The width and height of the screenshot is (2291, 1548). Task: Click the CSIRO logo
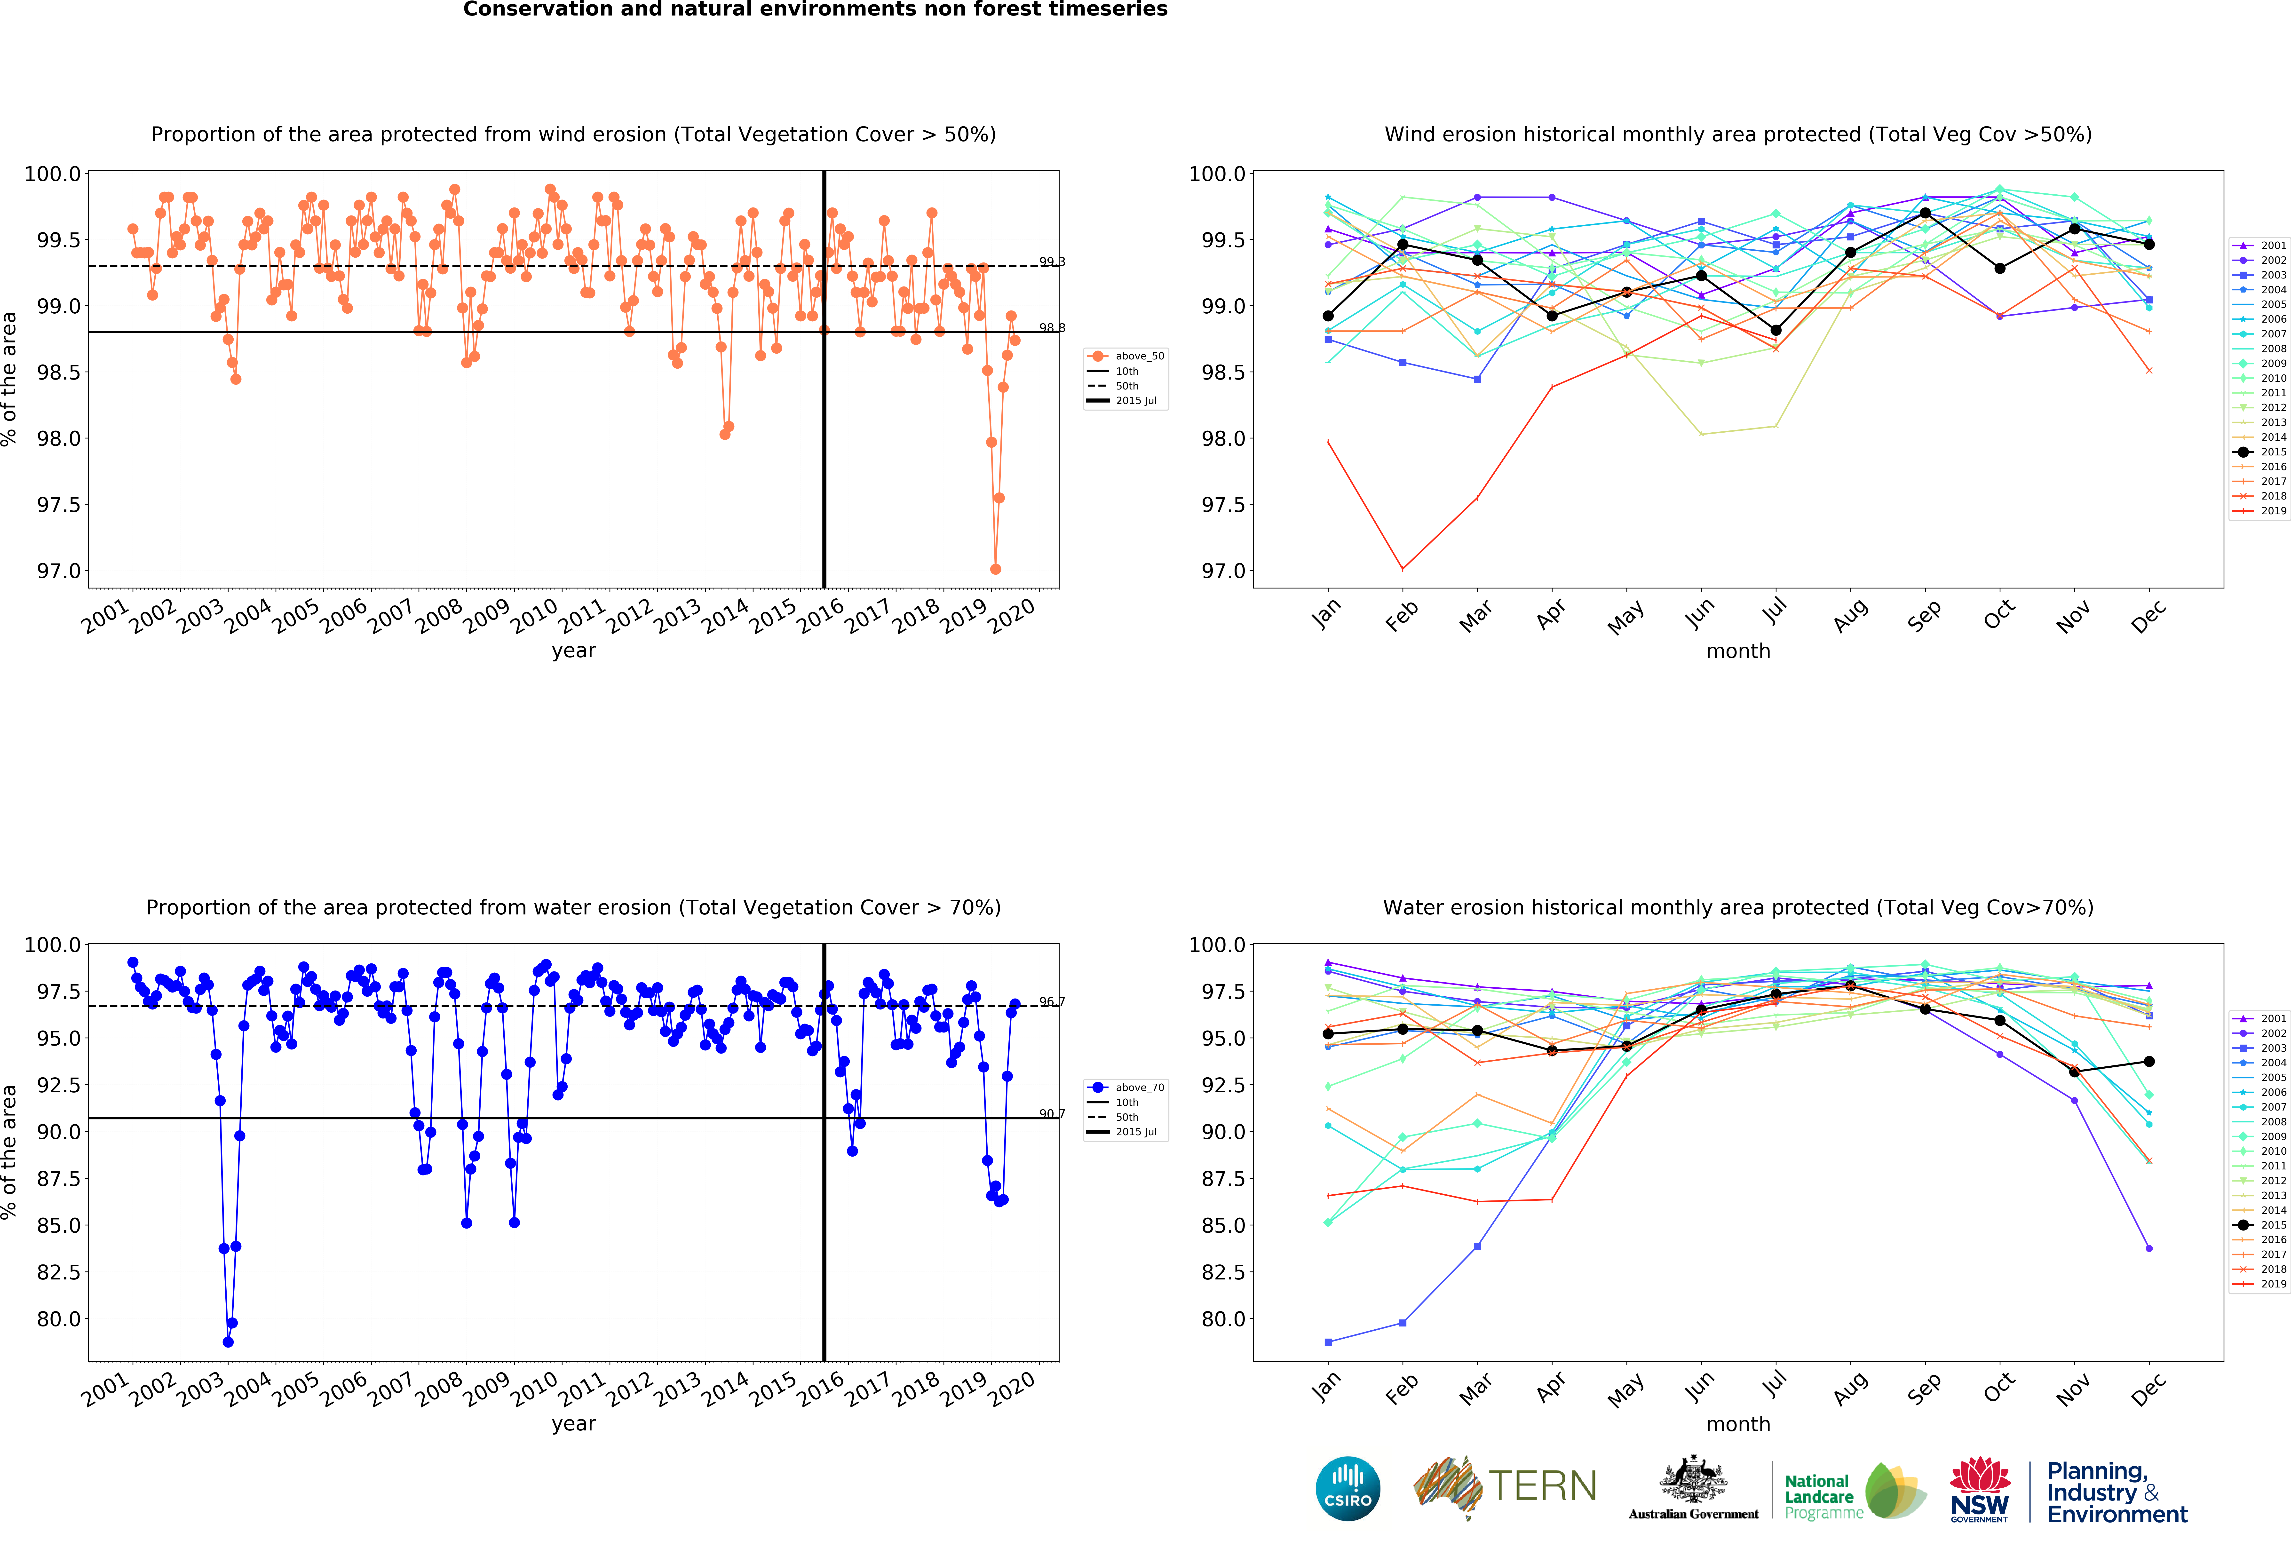pos(1348,1489)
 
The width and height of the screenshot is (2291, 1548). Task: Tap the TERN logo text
pos(1543,1486)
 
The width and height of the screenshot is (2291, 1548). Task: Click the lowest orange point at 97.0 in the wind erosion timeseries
pos(996,569)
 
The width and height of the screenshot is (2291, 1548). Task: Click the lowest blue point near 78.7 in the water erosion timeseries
pos(228,1342)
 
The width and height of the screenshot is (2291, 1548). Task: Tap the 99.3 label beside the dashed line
pos(1052,261)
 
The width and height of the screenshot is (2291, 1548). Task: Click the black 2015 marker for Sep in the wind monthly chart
pos(1925,213)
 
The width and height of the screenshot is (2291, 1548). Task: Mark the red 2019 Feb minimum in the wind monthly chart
pos(1403,569)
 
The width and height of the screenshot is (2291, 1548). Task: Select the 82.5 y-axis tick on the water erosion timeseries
pos(59,1272)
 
